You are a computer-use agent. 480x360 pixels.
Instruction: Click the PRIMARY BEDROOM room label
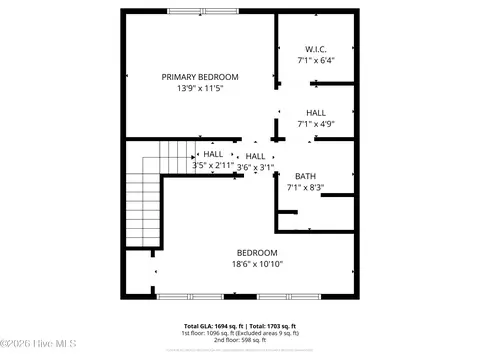point(200,76)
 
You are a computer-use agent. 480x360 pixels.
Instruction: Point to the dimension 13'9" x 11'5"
point(200,88)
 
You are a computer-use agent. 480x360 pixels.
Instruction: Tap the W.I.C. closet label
point(315,49)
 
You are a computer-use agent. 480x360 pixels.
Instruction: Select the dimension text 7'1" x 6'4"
point(315,60)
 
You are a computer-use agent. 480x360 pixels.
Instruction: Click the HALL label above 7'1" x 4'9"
point(315,113)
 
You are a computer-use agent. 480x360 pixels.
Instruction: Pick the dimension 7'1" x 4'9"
point(315,124)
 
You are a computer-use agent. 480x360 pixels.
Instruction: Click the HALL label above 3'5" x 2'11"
point(213,154)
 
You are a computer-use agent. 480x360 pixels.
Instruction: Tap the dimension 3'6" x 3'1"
point(255,167)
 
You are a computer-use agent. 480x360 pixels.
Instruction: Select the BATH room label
point(304,176)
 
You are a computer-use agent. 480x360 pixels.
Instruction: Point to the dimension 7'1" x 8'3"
point(305,187)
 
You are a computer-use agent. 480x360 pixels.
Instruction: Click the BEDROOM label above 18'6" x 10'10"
point(257,252)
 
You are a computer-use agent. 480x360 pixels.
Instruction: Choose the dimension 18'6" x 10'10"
point(257,264)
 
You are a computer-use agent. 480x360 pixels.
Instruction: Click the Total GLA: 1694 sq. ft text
point(214,326)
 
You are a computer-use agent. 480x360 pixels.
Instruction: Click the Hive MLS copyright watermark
point(31,346)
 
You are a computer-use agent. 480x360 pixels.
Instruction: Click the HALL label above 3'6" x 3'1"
point(255,156)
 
